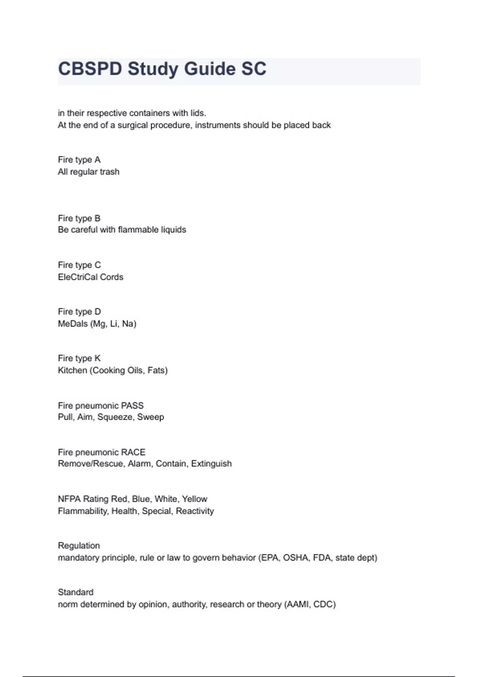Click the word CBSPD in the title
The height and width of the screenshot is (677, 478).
coord(90,69)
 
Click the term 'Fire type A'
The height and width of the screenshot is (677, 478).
coord(79,160)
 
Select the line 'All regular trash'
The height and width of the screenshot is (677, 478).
coord(88,172)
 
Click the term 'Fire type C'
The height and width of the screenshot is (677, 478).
coord(79,265)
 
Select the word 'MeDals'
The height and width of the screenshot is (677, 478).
coord(72,324)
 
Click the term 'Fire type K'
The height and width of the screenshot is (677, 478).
coord(79,358)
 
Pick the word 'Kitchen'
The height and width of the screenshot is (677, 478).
coord(72,370)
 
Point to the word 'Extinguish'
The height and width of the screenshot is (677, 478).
coord(211,464)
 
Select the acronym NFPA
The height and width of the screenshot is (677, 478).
coord(69,499)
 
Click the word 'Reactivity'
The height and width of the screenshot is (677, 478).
coord(195,511)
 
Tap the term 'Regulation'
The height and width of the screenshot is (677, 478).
coord(79,546)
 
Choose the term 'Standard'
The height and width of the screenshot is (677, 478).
coord(76,592)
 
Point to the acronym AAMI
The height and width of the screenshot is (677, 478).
coord(297,605)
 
